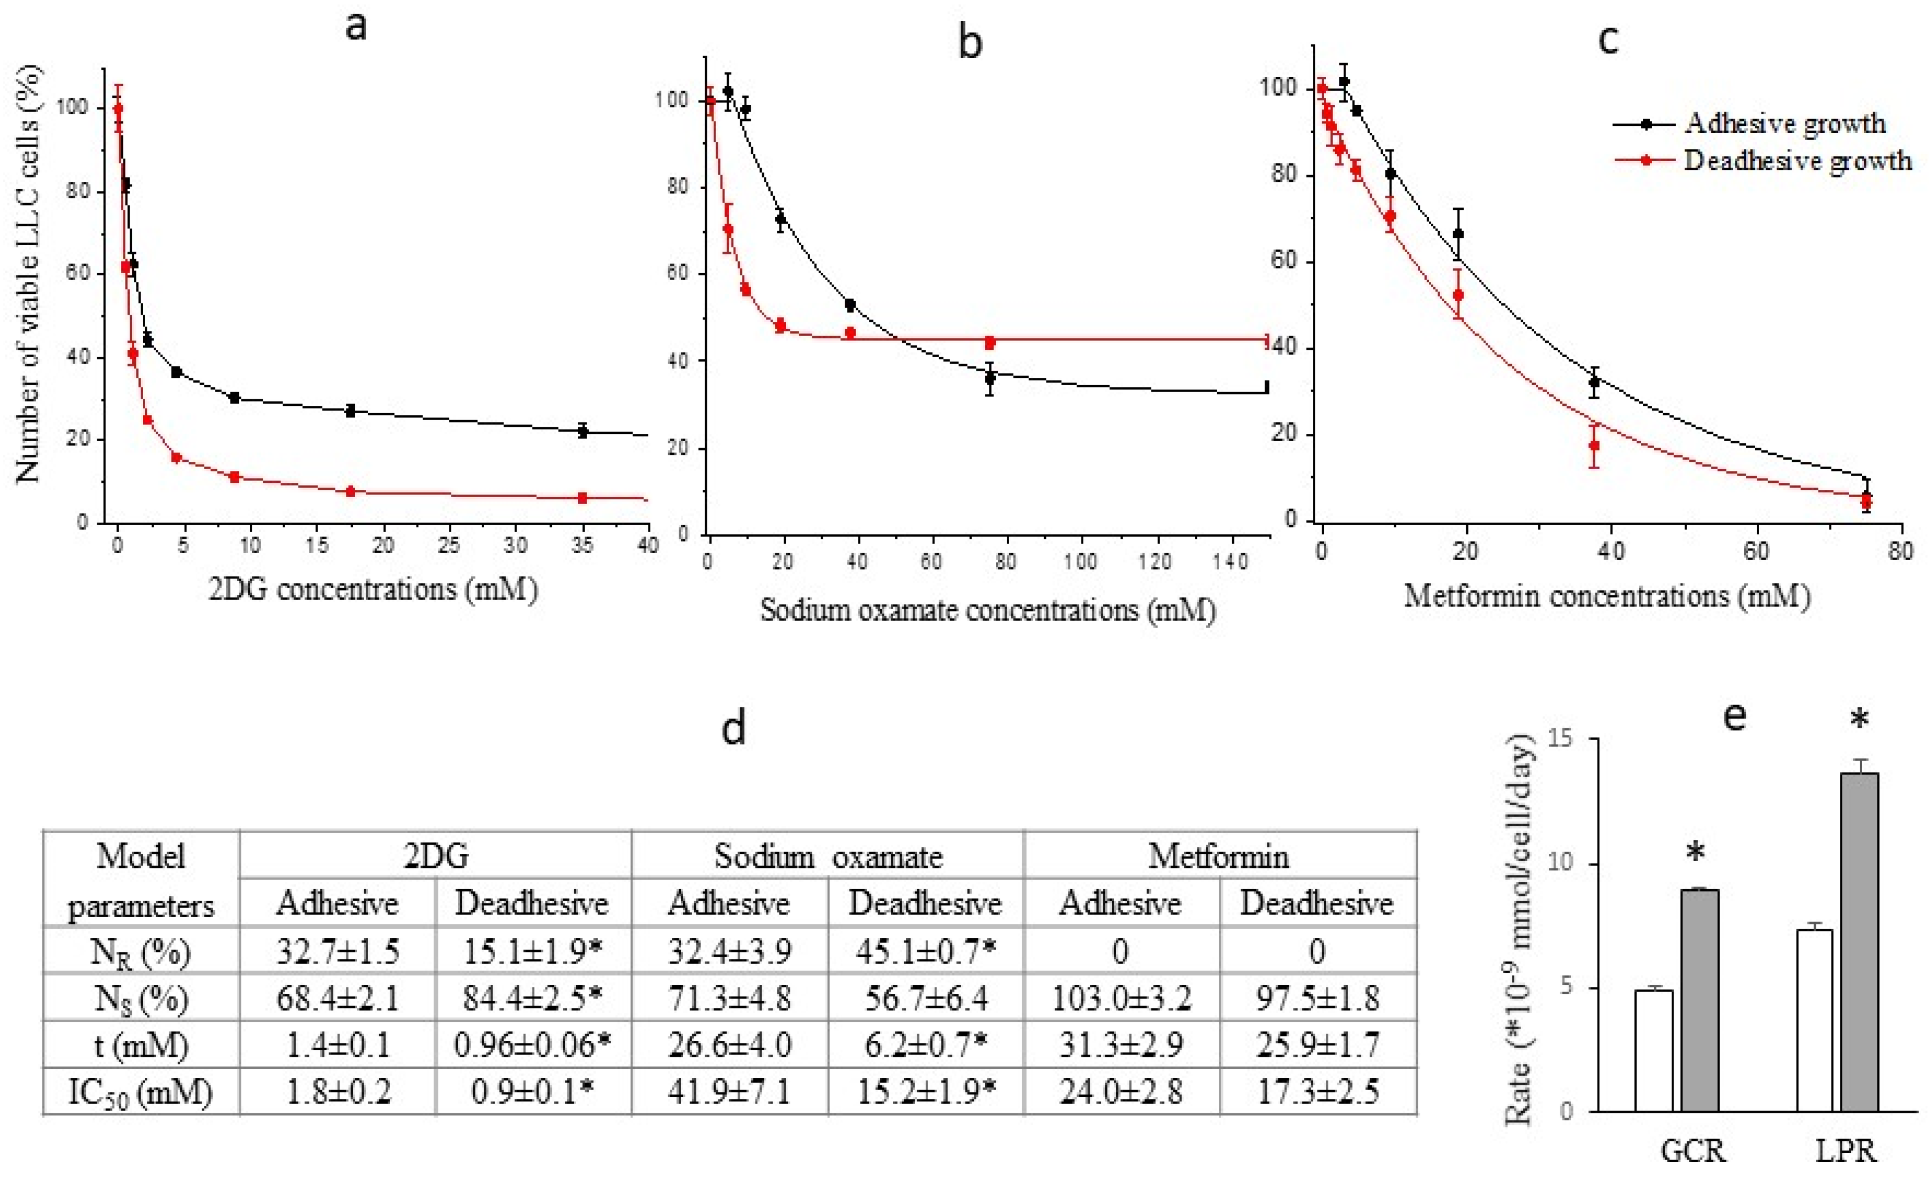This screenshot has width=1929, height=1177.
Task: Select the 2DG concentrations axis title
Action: (x=373, y=589)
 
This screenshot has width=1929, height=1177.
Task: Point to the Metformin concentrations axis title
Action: (x=1606, y=596)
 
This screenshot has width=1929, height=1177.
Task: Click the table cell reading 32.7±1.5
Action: (x=337, y=951)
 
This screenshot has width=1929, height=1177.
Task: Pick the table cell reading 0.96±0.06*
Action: (x=533, y=1045)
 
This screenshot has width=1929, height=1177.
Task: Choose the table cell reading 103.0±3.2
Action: (x=1121, y=998)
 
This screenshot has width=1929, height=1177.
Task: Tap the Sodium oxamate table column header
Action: (x=828, y=856)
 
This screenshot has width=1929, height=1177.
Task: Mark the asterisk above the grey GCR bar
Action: (x=1695, y=853)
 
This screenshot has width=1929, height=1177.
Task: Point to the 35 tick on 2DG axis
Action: (x=581, y=545)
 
